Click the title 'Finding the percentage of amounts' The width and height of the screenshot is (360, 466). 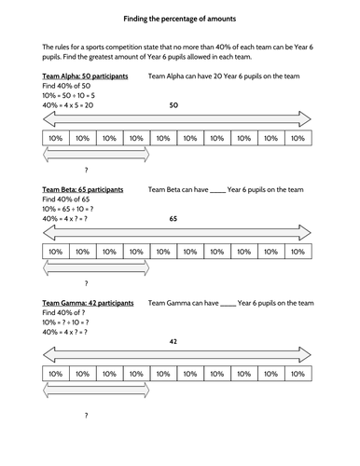179,19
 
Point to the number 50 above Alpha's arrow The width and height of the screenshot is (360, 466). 173,106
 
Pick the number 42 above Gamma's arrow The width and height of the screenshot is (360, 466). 173,342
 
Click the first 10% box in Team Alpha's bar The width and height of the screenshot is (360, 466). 56,138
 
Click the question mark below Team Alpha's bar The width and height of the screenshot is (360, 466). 86,171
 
